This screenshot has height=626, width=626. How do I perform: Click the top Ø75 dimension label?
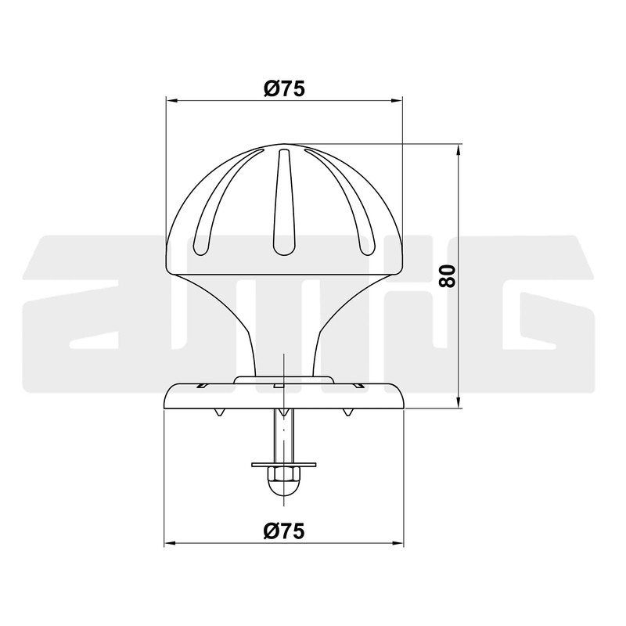coord(283,88)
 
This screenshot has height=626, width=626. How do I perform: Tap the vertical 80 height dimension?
coord(448,275)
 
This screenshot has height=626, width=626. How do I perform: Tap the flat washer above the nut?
coord(283,464)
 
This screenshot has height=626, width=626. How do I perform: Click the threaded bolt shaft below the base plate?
coord(283,434)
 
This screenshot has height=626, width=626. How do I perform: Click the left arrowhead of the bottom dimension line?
coord(169,543)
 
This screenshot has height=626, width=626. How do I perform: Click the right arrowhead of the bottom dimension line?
coord(399,543)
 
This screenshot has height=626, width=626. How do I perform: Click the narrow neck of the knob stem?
coord(283,344)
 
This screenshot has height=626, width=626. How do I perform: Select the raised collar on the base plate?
coord(283,381)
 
